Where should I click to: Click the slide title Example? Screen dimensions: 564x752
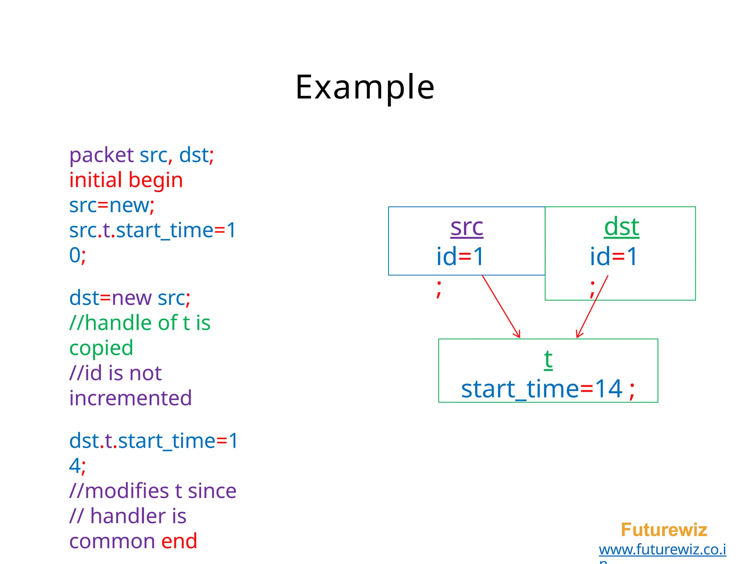365,87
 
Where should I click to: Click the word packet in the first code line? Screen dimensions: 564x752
101,155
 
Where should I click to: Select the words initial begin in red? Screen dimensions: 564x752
126,180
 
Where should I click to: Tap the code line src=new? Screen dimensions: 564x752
112,205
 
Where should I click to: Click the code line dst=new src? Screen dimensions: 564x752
130,298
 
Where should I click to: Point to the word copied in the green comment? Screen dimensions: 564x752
101,348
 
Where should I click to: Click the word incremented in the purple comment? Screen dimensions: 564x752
130,398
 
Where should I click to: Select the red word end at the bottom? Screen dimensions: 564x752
179,541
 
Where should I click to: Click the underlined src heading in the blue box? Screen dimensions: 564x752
467,227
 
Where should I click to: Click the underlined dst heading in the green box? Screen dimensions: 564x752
622,227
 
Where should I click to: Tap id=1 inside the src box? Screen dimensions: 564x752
460,257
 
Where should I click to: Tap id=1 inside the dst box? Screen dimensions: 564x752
614,257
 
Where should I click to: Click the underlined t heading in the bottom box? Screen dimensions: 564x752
548,359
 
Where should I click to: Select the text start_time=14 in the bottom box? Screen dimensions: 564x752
542,389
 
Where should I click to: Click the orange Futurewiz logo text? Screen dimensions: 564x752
664,530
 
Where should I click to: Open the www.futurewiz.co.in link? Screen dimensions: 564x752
662,550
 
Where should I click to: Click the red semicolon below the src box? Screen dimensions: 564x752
439,288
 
